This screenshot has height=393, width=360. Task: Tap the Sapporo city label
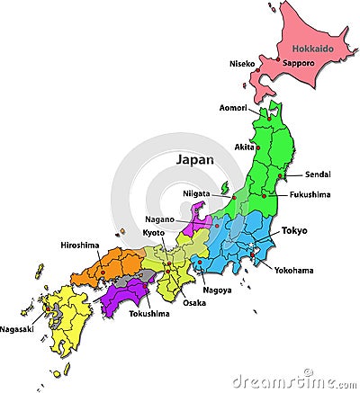pyautogui.click(x=298, y=64)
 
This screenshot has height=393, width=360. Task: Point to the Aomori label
pyautogui.click(x=234, y=108)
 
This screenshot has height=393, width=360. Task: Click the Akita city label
pyautogui.click(x=244, y=147)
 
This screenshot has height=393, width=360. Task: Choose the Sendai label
pyautogui.click(x=319, y=174)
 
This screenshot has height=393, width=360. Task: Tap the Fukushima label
pyautogui.click(x=310, y=194)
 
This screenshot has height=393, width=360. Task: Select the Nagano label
pyautogui.click(x=159, y=219)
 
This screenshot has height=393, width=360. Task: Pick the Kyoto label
pyautogui.click(x=154, y=233)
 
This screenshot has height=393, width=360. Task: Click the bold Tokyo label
pyautogui.click(x=294, y=231)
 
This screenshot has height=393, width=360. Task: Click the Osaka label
pyautogui.click(x=193, y=302)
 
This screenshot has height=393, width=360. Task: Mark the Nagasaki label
pyautogui.click(x=17, y=329)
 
